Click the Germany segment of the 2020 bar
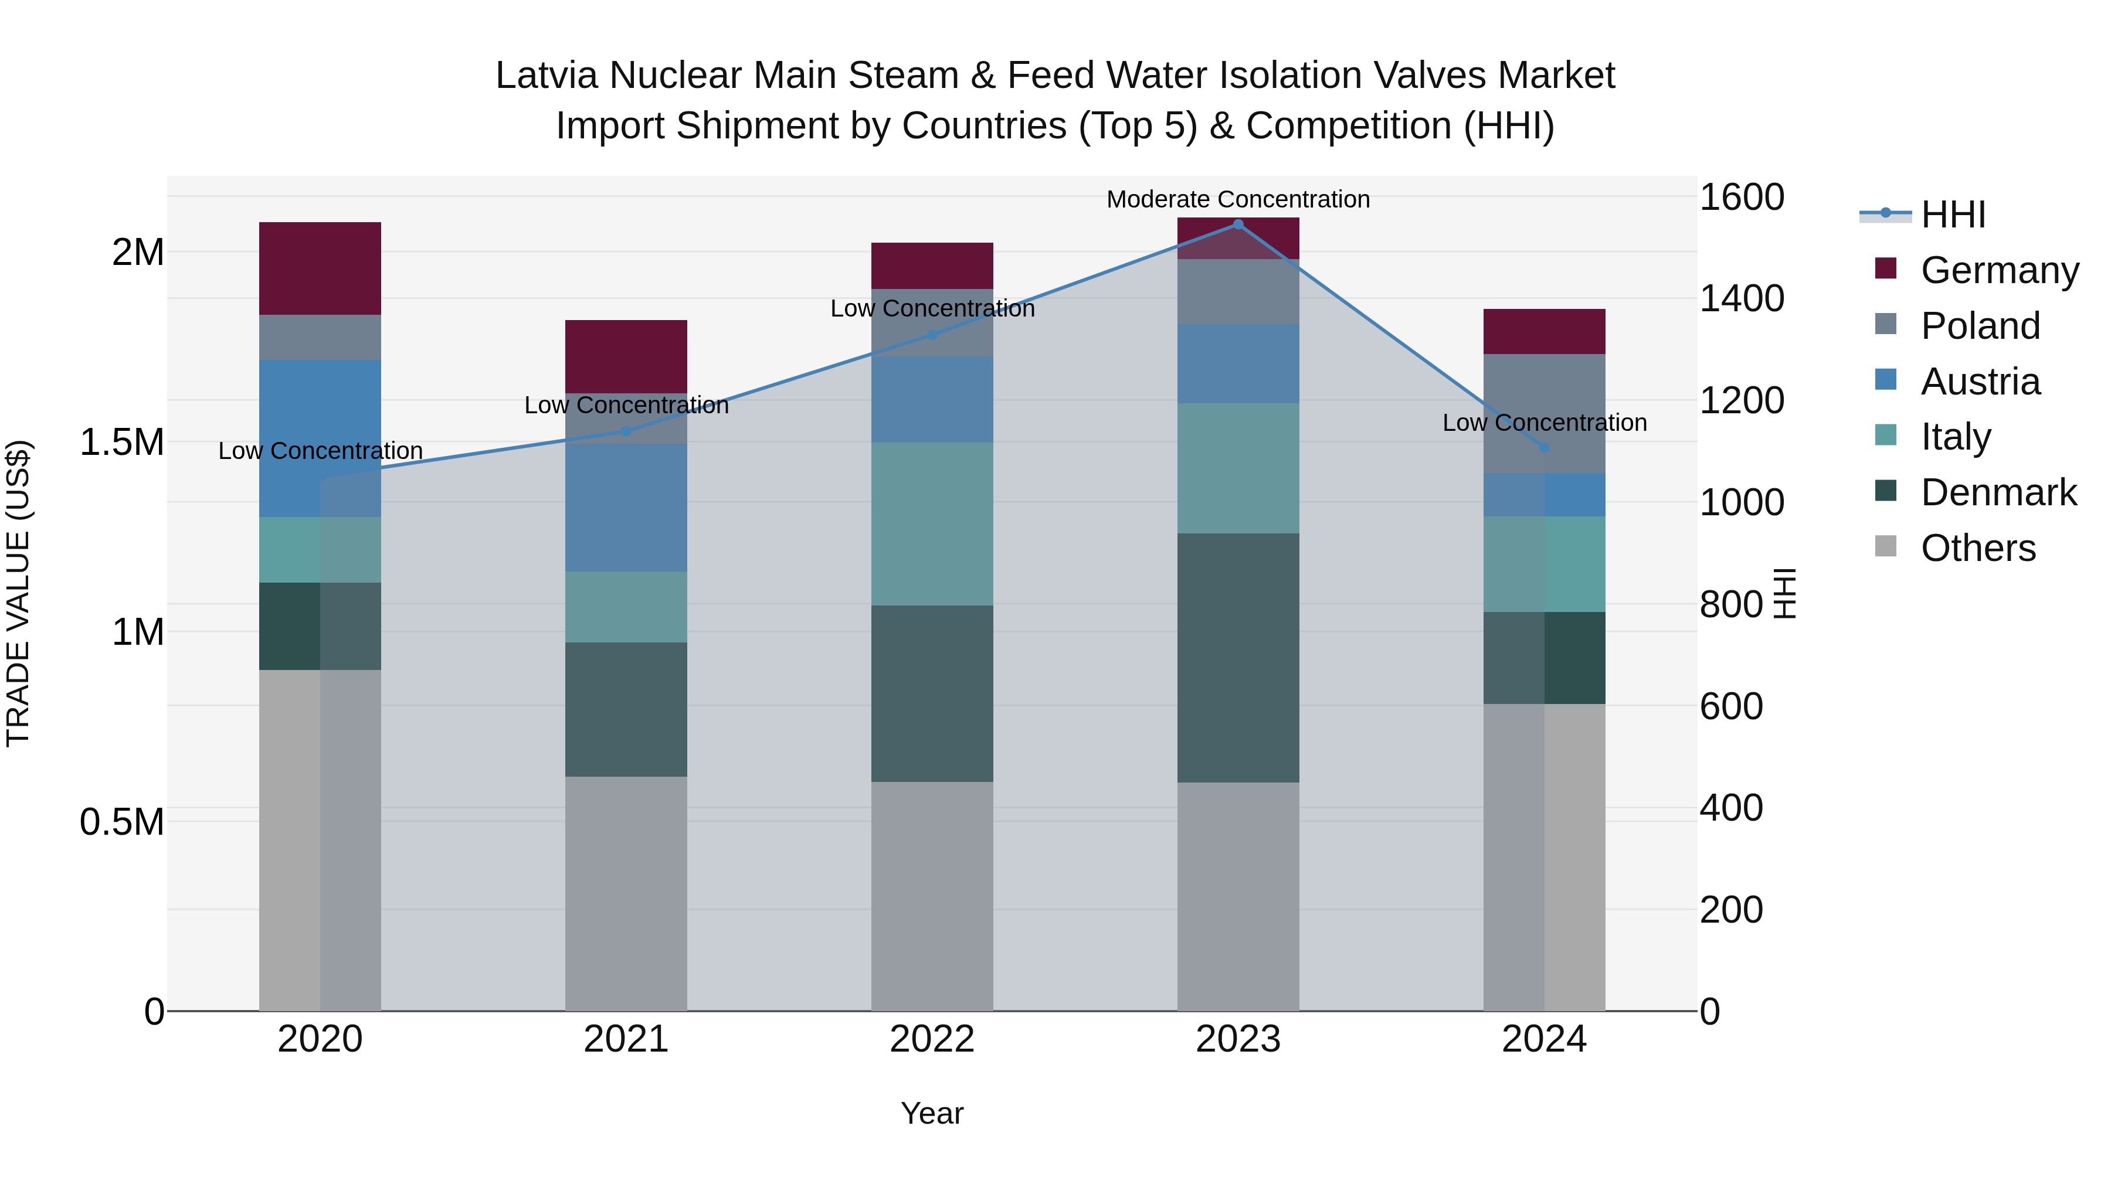click(x=320, y=268)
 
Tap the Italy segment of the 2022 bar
click(x=932, y=523)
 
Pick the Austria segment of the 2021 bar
click(x=626, y=507)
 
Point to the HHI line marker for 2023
click(x=1238, y=224)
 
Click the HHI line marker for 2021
click(x=626, y=431)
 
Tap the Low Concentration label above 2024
click(x=1544, y=423)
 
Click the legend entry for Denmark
click(x=1998, y=492)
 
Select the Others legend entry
click(x=1977, y=548)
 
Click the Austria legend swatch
click(x=1886, y=380)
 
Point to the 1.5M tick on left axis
click(x=122, y=443)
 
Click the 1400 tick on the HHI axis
click(x=1742, y=298)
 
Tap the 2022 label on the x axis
click(x=932, y=1039)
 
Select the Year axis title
click(x=932, y=1113)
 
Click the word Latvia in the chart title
click(x=546, y=76)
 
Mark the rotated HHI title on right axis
click(x=1784, y=593)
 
